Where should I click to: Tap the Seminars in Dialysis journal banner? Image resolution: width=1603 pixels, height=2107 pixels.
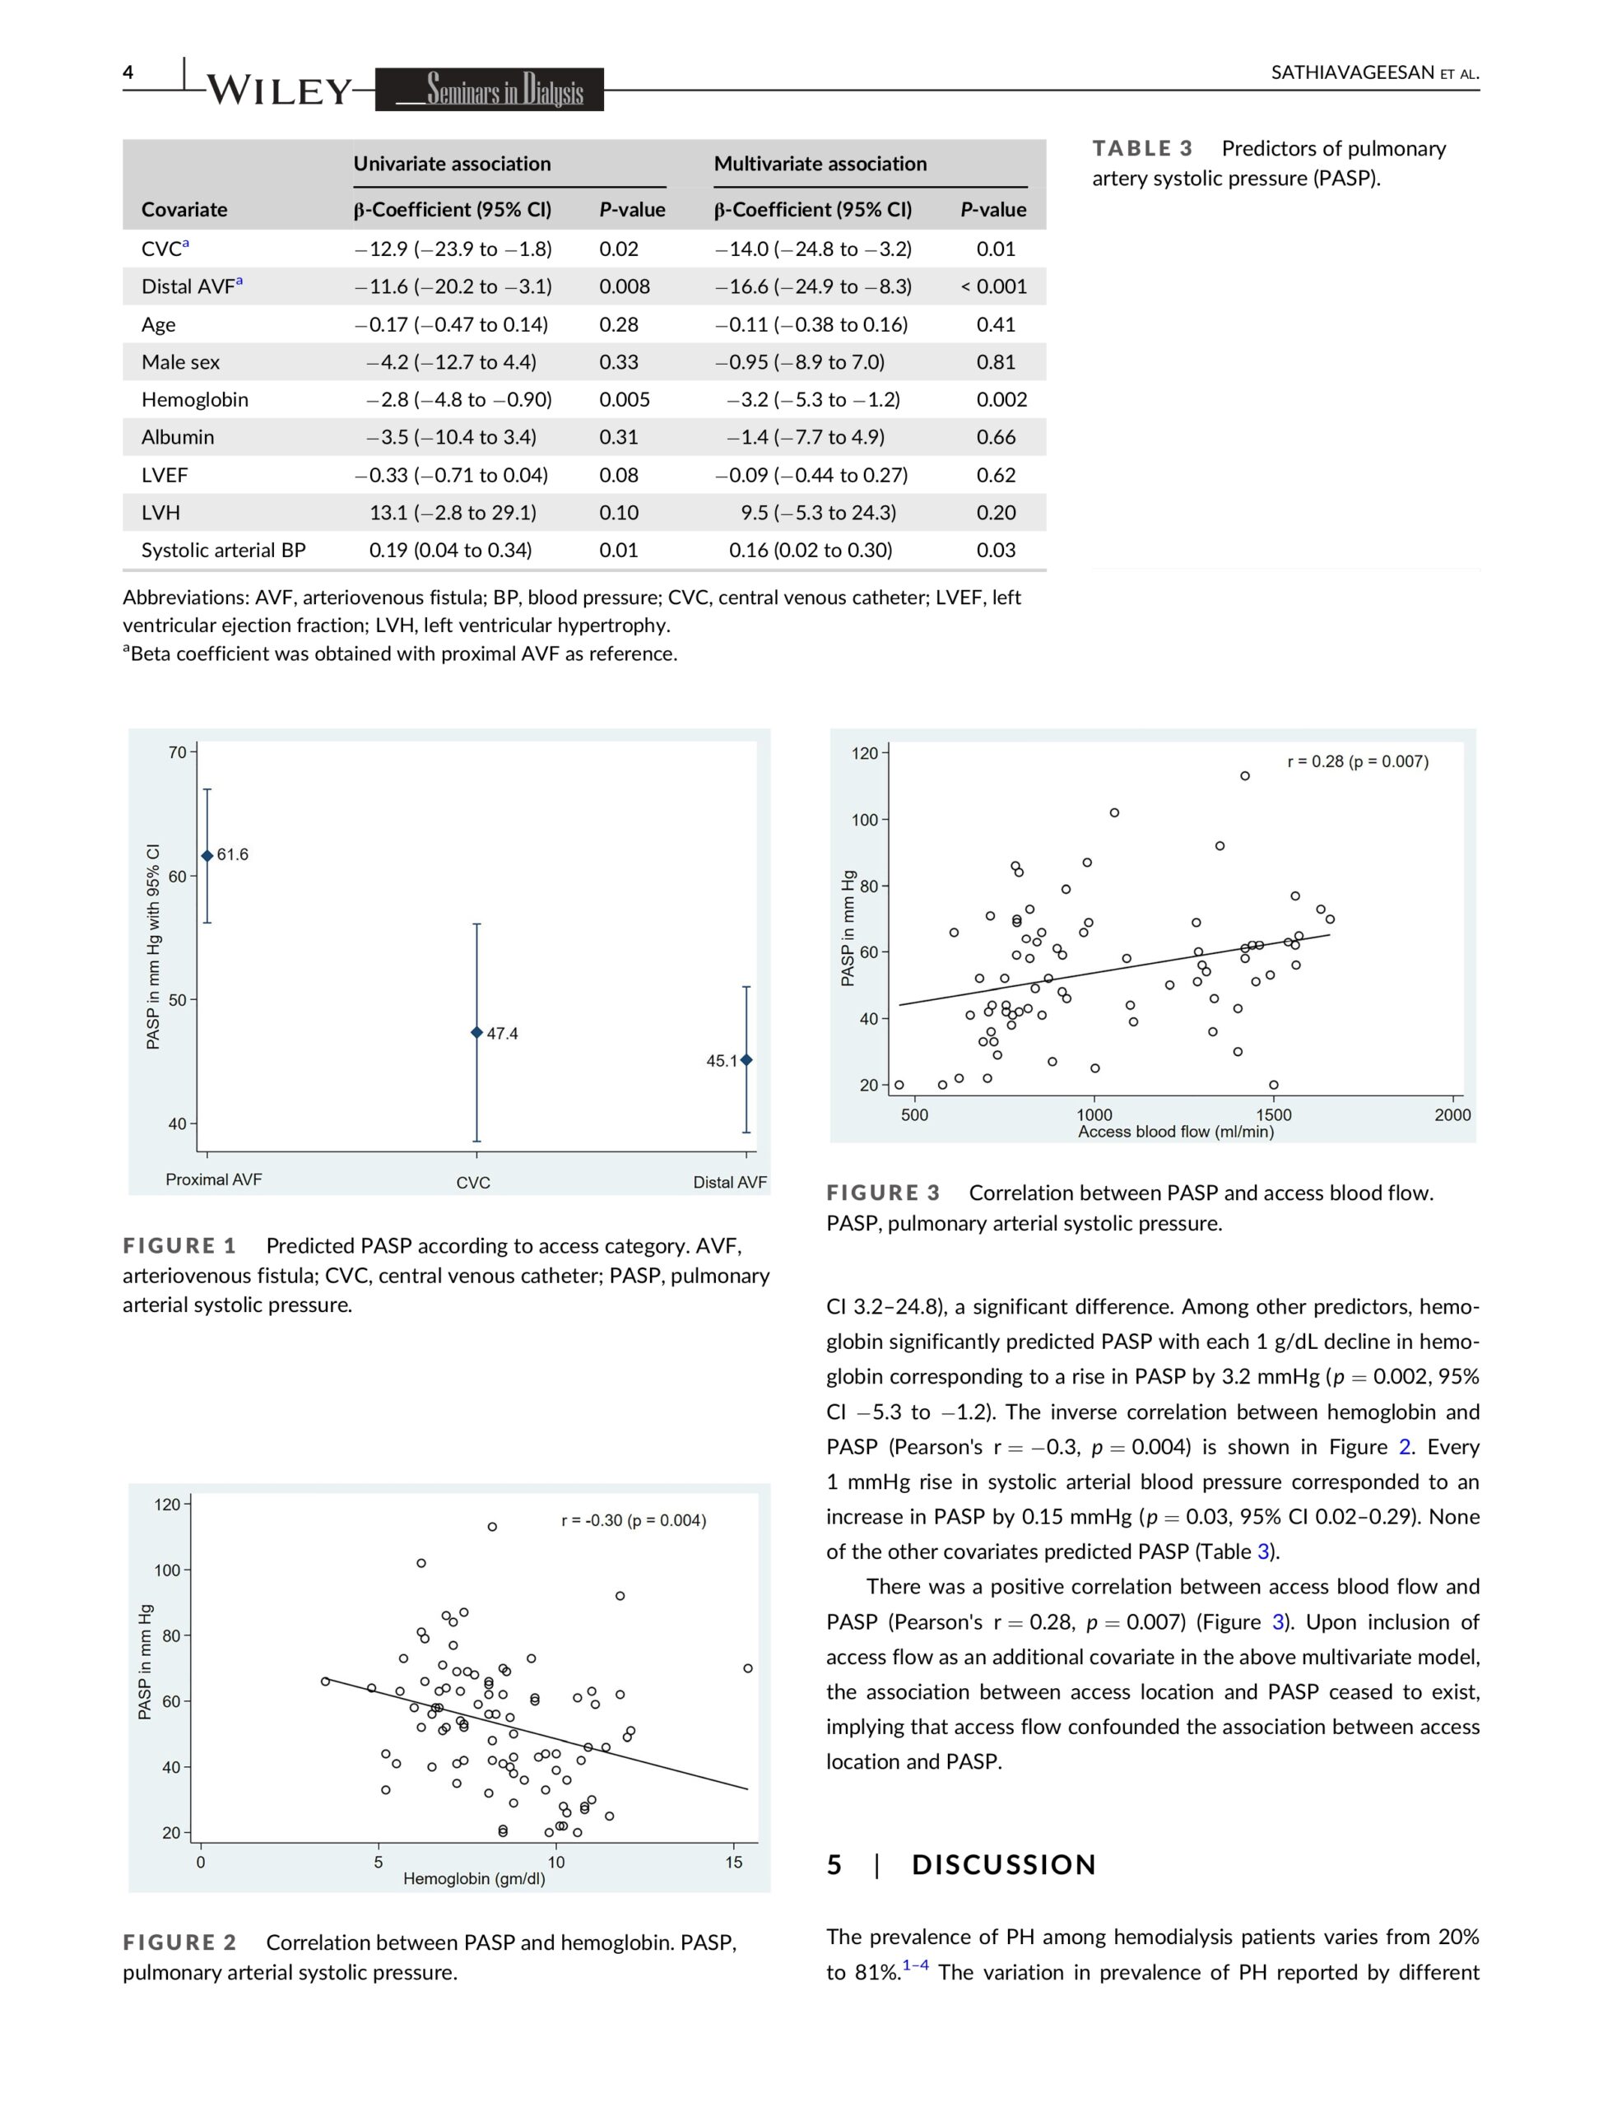pos(490,90)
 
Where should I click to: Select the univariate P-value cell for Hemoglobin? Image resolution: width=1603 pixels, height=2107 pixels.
pos(624,400)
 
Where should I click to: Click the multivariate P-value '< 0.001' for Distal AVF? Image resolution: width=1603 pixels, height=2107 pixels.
pos(993,286)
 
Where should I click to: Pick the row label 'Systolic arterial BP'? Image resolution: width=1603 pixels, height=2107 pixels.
pos(223,551)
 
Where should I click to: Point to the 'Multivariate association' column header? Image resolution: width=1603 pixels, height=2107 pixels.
pos(820,164)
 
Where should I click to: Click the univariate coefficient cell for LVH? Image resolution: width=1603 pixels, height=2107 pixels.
pos(453,513)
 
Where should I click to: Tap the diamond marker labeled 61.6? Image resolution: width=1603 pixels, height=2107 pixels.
pos(207,856)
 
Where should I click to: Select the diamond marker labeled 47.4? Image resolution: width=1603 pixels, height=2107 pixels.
pos(477,1032)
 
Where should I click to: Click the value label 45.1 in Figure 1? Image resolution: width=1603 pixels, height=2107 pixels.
pos(722,1061)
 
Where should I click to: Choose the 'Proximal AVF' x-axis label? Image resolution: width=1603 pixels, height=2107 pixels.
pos(214,1179)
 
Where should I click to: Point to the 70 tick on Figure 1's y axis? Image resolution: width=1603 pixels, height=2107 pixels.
pos(178,753)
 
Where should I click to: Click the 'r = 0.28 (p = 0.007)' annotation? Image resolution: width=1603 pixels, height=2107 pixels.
pos(1358,761)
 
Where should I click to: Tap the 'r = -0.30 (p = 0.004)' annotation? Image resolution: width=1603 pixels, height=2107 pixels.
pos(634,1520)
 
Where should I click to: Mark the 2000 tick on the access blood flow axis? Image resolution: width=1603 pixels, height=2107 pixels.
pos(1452,1114)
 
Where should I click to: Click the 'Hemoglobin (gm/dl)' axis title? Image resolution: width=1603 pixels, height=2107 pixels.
pos(474,1879)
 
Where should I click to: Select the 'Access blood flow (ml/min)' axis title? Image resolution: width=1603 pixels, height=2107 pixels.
pos(1176,1132)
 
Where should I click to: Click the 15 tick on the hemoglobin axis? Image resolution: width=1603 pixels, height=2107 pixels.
pos(734,1862)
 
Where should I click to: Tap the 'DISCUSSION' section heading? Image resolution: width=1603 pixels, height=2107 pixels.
pos(1004,1865)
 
